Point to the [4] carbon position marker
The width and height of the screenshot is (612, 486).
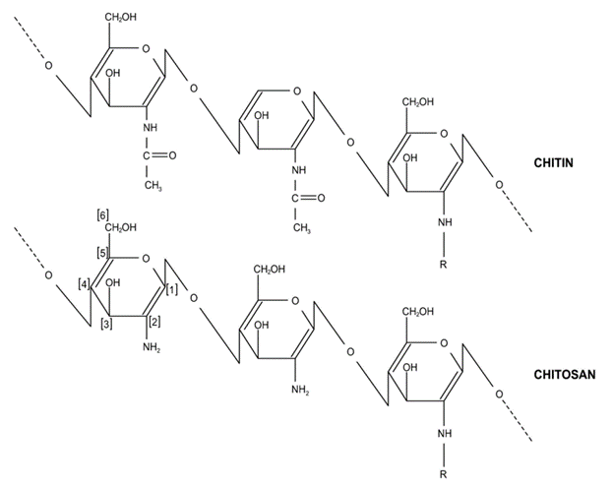86,284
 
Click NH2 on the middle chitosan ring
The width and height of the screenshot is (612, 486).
299,392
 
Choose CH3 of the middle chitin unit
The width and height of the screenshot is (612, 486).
302,227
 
